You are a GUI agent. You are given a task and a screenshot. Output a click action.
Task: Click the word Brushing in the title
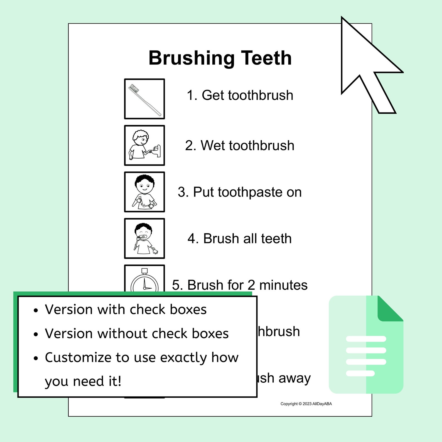191,58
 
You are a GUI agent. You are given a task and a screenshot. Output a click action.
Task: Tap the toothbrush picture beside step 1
144,99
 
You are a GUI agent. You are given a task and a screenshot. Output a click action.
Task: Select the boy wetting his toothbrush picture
144,145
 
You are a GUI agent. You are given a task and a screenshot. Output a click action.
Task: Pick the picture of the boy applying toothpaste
144,192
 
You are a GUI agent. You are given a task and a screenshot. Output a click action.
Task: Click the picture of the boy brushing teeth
144,238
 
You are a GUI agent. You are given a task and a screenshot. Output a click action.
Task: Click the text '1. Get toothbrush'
240,95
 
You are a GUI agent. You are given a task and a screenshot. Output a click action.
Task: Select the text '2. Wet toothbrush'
240,145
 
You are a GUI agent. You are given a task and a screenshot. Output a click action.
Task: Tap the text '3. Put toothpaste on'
240,192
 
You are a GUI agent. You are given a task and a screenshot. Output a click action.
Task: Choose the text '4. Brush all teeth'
240,239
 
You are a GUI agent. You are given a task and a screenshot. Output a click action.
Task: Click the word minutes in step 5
283,285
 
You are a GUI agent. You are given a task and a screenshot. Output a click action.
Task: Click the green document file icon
366,345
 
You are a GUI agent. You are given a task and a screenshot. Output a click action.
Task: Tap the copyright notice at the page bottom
306,404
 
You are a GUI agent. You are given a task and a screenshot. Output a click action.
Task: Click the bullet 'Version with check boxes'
126,310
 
